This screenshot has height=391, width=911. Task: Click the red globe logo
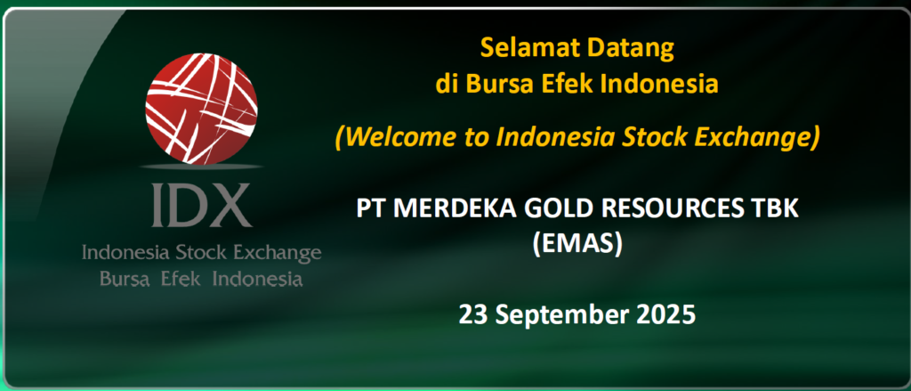[x=201, y=109]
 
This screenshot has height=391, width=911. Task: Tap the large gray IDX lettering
[x=201, y=205]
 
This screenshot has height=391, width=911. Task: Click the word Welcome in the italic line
[x=386, y=137]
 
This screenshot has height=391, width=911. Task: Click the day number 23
[x=472, y=314]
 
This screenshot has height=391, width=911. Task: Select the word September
[x=560, y=316]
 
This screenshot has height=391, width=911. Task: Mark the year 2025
[x=665, y=314]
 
